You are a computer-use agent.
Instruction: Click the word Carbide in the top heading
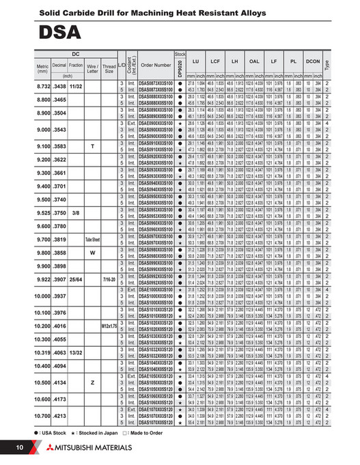point(77,12)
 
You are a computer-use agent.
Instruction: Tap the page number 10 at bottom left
point(20,447)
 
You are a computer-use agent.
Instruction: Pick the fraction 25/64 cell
point(76,279)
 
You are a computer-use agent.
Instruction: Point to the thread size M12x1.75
point(109,326)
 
